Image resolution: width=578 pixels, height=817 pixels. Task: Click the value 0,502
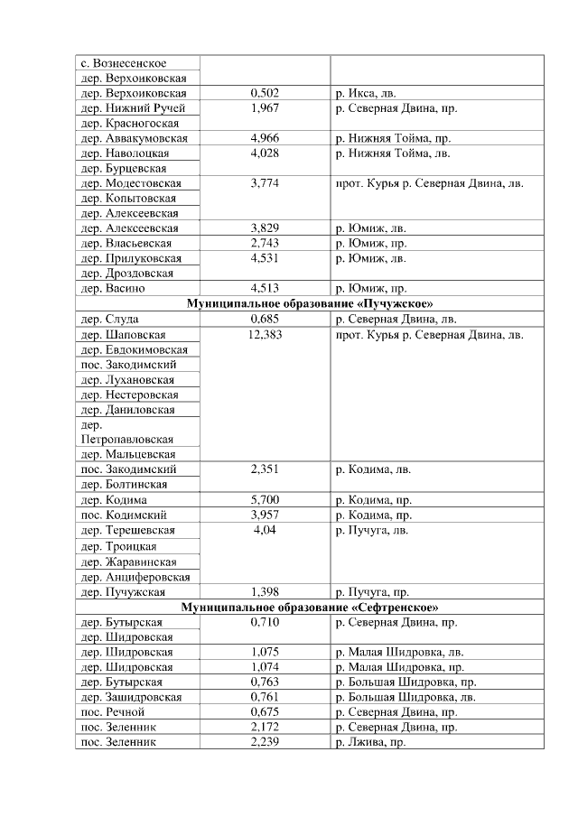(265, 93)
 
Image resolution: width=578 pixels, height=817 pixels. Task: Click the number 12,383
(265, 334)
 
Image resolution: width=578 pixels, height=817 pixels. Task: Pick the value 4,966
(265, 138)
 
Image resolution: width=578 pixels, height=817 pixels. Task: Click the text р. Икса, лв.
(366, 93)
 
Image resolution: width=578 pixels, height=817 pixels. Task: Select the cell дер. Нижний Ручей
(132, 108)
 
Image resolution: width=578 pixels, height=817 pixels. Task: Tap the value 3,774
(265, 183)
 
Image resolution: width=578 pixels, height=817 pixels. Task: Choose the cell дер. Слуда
(109, 319)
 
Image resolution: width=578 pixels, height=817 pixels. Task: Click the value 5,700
(265, 500)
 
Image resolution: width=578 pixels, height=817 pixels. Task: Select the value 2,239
(265, 741)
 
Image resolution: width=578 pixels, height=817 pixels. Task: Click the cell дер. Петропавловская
(126, 431)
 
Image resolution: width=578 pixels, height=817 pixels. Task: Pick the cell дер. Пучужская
(123, 591)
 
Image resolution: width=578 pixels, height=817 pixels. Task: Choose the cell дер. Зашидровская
(132, 696)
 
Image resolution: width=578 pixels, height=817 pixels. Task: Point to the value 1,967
(265, 108)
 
